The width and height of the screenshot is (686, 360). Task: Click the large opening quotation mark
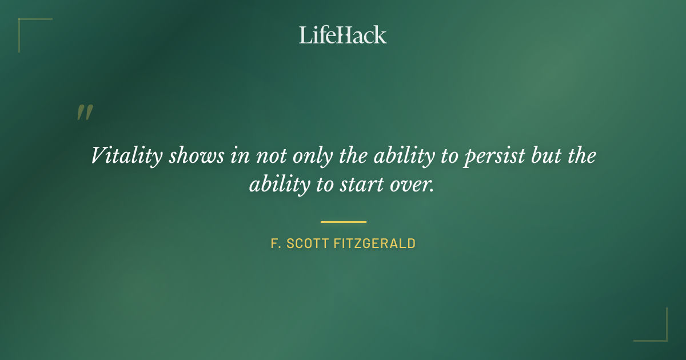(x=84, y=113)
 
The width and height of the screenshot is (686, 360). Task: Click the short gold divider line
(x=343, y=222)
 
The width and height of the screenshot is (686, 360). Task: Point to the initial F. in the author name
(x=275, y=243)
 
